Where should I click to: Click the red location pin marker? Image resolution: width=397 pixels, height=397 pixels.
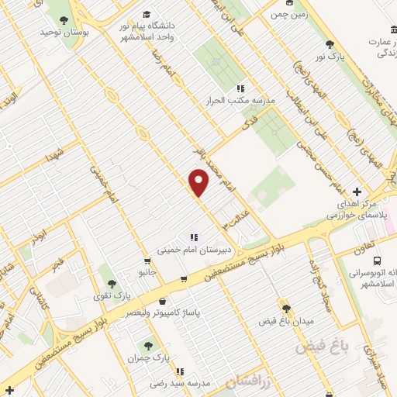click(x=199, y=181)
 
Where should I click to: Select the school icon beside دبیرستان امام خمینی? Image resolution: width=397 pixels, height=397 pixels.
click(x=193, y=237)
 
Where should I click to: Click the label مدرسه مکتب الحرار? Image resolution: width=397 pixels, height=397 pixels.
click(x=235, y=102)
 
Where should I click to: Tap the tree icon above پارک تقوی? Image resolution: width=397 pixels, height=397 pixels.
click(x=113, y=285)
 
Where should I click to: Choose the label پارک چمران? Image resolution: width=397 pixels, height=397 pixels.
click(x=150, y=357)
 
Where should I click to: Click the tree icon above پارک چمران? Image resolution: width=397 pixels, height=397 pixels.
click(x=149, y=345)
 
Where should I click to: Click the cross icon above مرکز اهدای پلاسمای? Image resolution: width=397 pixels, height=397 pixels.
click(x=357, y=192)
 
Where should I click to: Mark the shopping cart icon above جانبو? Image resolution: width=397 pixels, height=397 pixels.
click(x=147, y=261)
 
